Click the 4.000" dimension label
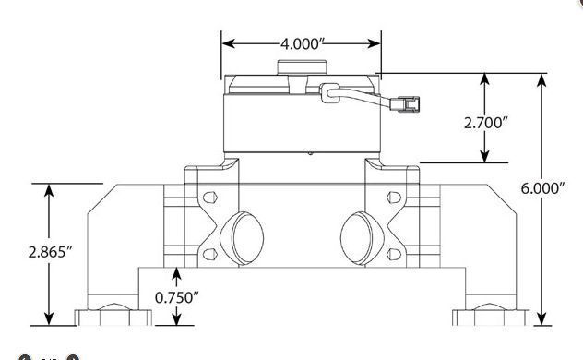click(x=300, y=44)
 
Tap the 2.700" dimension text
click(x=485, y=123)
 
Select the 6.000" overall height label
click(x=542, y=188)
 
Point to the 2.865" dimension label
click(x=50, y=252)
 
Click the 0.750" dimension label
click(x=176, y=297)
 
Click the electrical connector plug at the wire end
click(x=405, y=104)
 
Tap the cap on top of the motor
click(x=302, y=67)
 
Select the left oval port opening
click(x=242, y=238)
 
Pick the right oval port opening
click(x=362, y=238)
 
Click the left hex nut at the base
click(x=113, y=315)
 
